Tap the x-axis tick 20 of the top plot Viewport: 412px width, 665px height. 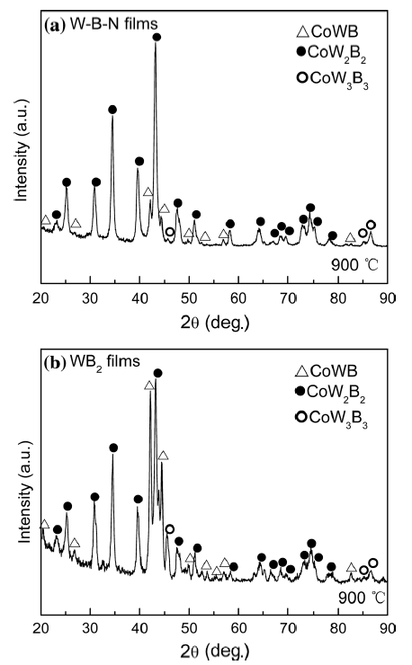tap(41, 299)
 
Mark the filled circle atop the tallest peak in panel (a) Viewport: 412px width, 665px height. tap(157, 37)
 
